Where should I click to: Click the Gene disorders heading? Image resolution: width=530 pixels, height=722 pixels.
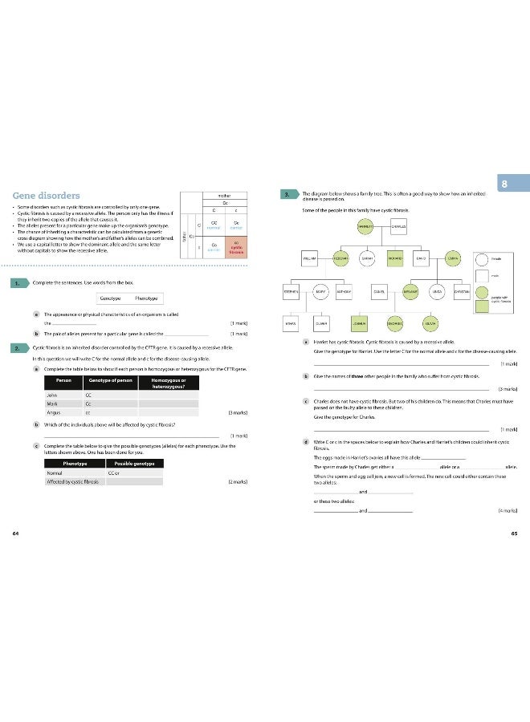click(x=46, y=196)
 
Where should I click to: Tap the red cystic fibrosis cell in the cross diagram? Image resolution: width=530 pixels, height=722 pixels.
click(x=237, y=248)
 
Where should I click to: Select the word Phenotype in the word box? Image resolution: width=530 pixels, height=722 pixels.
click(x=146, y=298)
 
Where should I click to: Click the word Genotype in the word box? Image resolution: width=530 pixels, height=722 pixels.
click(x=110, y=298)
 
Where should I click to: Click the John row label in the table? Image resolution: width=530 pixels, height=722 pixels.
click(x=53, y=394)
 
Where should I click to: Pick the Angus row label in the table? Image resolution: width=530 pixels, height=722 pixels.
click(x=55, y=413)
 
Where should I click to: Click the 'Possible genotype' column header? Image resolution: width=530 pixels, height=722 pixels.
click(x=134, y=464)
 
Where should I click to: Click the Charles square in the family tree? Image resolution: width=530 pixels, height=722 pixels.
click(x=404, y=226)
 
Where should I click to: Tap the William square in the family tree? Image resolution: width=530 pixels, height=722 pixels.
click(x=311, y=259)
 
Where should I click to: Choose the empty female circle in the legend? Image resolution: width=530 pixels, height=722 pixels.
click(x=480, y=259)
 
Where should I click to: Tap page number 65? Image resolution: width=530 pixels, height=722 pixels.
click(x=514, y=533)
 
